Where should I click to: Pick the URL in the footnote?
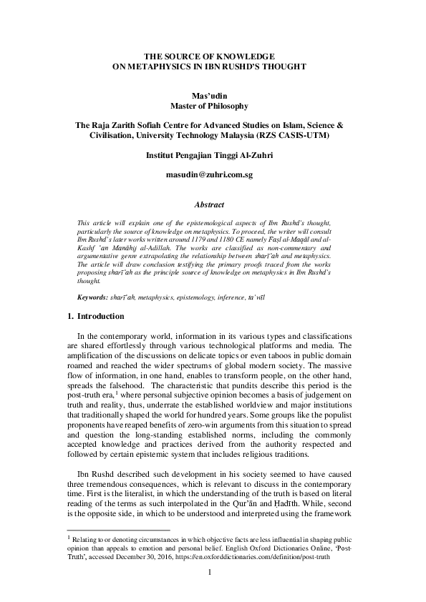[x=262, y=556]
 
